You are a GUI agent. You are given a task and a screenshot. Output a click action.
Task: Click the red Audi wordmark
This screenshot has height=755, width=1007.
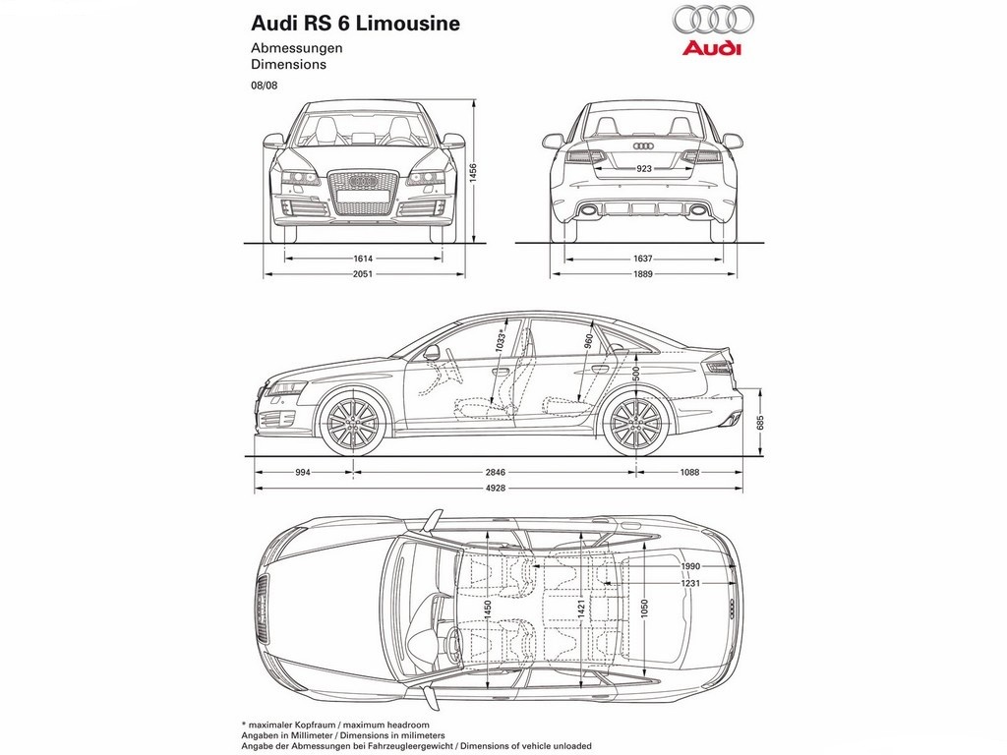tap(712, 49)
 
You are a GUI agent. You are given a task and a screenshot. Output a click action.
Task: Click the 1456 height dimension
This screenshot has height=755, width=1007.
tap(473, 173)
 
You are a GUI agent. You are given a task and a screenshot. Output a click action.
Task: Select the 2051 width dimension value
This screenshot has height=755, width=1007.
tap(363, 274)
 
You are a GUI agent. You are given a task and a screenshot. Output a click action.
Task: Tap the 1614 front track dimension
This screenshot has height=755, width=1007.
tap(363, 259)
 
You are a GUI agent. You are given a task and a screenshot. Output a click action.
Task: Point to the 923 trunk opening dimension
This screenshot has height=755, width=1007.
tap(643, 169)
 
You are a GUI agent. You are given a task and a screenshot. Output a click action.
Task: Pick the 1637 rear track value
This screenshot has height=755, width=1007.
tap(642, 259)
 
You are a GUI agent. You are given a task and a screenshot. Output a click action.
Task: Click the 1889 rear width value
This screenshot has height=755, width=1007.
tap(642, 274)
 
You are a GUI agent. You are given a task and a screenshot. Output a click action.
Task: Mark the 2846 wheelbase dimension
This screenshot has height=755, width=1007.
tap(496, 473)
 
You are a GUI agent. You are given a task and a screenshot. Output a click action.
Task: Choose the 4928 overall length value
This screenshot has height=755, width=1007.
tap(496, 488)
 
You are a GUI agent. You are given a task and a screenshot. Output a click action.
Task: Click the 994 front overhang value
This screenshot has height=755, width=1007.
tap(303, 473)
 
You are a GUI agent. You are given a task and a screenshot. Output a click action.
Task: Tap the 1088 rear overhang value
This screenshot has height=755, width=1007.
tap(689, 473)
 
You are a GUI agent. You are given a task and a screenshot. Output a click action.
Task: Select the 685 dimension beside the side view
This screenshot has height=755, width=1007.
tap(760, 423)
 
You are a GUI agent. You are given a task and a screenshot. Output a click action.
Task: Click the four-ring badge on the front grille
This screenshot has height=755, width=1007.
tap(363, 182)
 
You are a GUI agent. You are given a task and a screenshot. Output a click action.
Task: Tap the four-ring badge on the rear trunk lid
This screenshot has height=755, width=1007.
tap(643, 146)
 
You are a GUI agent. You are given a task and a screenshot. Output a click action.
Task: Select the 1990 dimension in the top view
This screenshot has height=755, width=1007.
tap(691, 566)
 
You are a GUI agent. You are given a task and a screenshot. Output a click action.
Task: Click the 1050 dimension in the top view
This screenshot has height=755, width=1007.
tap(644, 608)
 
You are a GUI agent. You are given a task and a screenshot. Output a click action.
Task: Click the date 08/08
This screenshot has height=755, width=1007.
tap(264, 86)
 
